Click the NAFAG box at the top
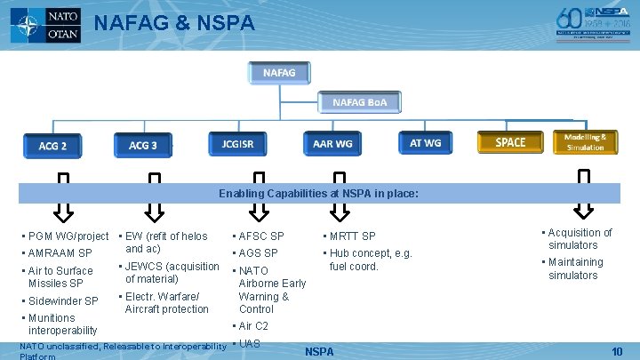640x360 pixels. pos(279,71)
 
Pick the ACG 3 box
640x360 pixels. pos(143,145)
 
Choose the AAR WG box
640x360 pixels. pos(332,143)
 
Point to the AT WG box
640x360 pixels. pos(425,142)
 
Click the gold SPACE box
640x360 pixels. pos(510,142)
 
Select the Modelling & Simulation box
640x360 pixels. pos(585,142)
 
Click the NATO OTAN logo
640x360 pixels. pos(45,25)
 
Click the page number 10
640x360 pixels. pos(617,352)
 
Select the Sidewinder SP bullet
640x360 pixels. pos(63,301)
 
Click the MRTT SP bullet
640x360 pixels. pos(352,236)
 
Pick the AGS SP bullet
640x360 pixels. pos(258,253)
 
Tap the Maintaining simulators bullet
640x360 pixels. pos(575,268)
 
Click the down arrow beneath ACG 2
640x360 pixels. pos(62,200)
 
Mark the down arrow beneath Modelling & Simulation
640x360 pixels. pos(584,197)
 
